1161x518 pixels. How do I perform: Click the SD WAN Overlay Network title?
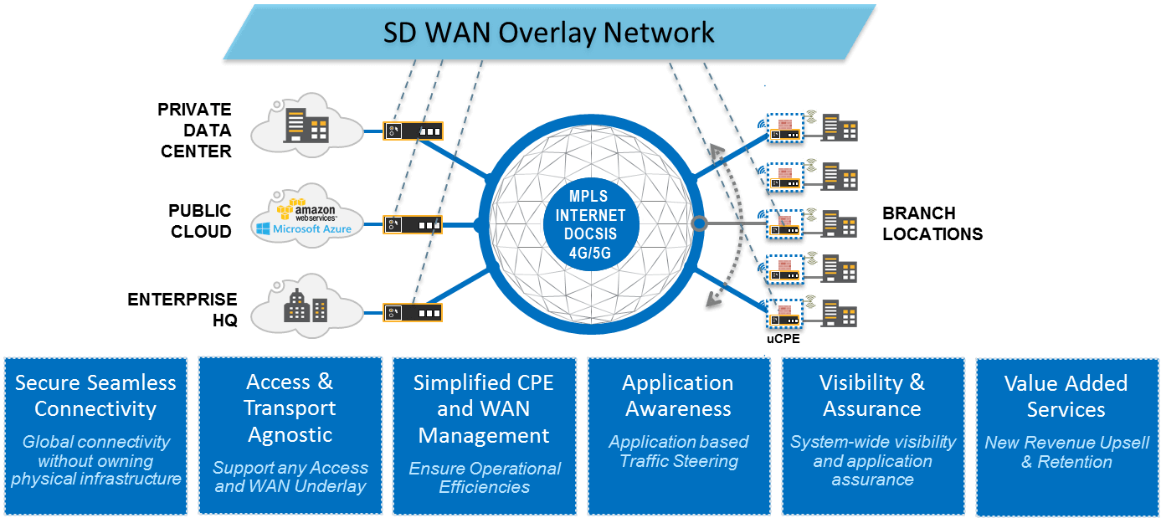point(548,32)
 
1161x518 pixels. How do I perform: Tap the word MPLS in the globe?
point(590,197)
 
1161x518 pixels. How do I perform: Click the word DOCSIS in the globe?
point(590,233)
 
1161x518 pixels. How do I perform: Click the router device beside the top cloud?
point(413,131)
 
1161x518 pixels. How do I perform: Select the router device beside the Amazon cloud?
point(413,224)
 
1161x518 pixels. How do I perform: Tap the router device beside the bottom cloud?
point(413,312)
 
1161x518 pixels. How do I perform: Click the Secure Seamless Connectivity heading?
point(95,396)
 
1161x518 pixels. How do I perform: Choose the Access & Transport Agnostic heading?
point(290,408)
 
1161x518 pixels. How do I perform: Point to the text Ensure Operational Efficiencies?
point(485,477)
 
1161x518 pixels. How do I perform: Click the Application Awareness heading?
point(678,396)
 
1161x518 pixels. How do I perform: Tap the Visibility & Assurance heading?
point(872,396)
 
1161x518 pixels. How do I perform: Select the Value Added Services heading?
point(1066,396)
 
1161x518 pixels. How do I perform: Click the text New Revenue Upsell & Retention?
point(1066,452)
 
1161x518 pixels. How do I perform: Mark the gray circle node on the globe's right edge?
point(699,223)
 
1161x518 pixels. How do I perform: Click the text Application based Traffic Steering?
point(678,451)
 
